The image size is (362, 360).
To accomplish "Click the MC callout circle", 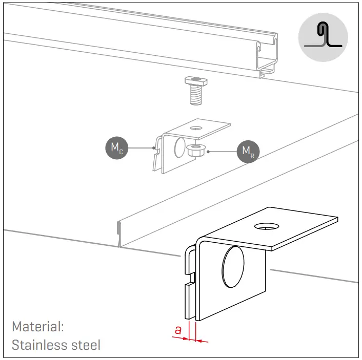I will point(116,147).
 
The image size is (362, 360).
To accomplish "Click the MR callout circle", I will point(248,151).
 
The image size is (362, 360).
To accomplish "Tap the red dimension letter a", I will point(178,330).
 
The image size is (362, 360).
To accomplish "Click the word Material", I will point(37,326).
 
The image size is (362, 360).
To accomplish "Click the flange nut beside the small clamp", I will point(194,150).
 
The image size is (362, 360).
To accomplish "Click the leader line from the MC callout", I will point(140,147).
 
